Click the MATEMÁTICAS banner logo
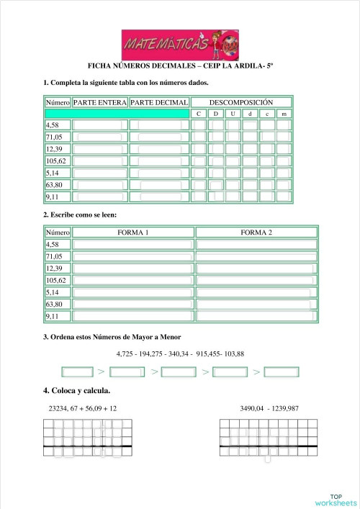click(x=170, y=45)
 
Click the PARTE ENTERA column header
click(x=100, y=102)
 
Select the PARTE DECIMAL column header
click(x=160, y=102)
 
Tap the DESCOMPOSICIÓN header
click(x=240, y=102)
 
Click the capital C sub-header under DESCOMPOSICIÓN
click(x=198, y=114)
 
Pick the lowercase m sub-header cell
click(x=284, y=114)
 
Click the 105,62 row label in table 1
click(x=56, y=161)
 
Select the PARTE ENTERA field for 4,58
click(x=100, y=125)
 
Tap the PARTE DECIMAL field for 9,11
click(x=160, y=196)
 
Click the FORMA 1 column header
click(x=133, y=233)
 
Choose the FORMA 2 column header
click(x=256, y=233)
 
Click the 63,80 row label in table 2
click(x=55, y=305)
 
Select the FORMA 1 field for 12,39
click(x=133, y=269)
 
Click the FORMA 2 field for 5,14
click(x=256, y=292)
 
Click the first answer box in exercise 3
click(x=78, y=372)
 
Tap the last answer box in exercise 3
click(x=282, y=372)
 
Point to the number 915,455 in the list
click(x=210, y=353)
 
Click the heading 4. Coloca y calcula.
click(x=77, y=391)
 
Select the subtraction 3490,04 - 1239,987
click(x=269, y=408)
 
